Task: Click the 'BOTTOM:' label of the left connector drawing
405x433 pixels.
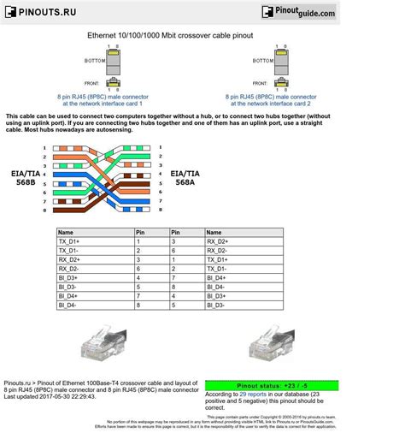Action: [x=94, y=61]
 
